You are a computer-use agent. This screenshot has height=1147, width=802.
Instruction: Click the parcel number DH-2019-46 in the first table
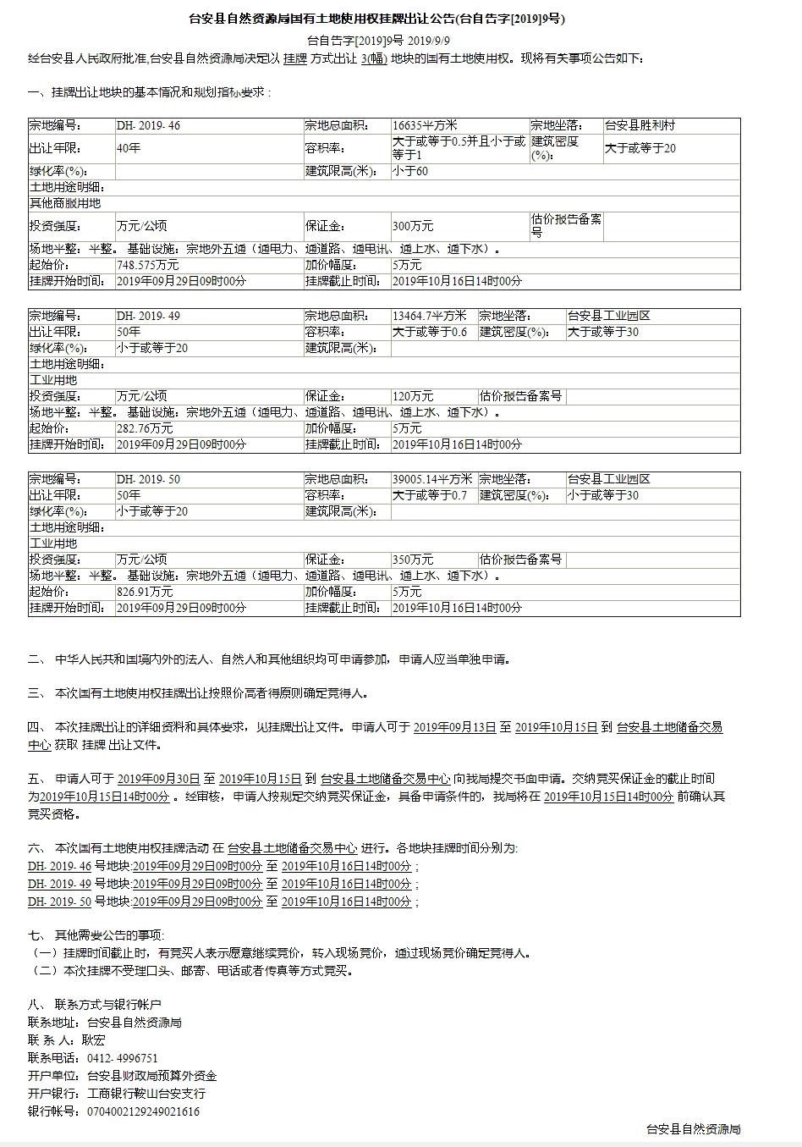[148, 125]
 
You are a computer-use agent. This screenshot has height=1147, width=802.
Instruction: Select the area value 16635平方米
[425, 125]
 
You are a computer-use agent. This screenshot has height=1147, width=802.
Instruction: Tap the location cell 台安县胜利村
[640, 125]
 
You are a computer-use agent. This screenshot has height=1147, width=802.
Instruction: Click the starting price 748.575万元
[148, 265]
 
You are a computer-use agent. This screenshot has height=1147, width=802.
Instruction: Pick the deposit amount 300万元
[413, 226]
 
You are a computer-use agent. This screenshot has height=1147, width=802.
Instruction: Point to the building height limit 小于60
[410, 171]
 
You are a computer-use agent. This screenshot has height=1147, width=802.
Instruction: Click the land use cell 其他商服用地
[65, 203]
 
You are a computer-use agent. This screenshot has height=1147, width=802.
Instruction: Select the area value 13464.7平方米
[429, 316]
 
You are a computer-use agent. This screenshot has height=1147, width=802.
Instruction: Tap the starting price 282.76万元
[145, 428]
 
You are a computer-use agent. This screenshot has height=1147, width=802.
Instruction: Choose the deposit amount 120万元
[413, 396]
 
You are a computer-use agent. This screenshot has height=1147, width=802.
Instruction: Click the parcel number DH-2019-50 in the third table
[148, 479]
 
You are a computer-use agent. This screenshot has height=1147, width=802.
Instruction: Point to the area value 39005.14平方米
[432, 479]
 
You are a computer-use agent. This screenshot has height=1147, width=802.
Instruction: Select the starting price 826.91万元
[145, 592]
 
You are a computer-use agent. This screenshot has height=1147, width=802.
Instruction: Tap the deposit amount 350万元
[413, 560]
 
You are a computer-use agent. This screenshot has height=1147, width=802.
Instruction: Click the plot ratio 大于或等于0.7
[430, 495]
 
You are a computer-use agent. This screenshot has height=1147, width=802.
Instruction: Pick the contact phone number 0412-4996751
[123, 1058]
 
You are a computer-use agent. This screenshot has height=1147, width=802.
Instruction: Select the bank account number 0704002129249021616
[144, 1111]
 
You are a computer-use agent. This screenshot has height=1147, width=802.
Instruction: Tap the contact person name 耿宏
[94, 1040]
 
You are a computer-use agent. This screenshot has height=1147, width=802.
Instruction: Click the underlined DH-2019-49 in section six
[59, 884]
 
